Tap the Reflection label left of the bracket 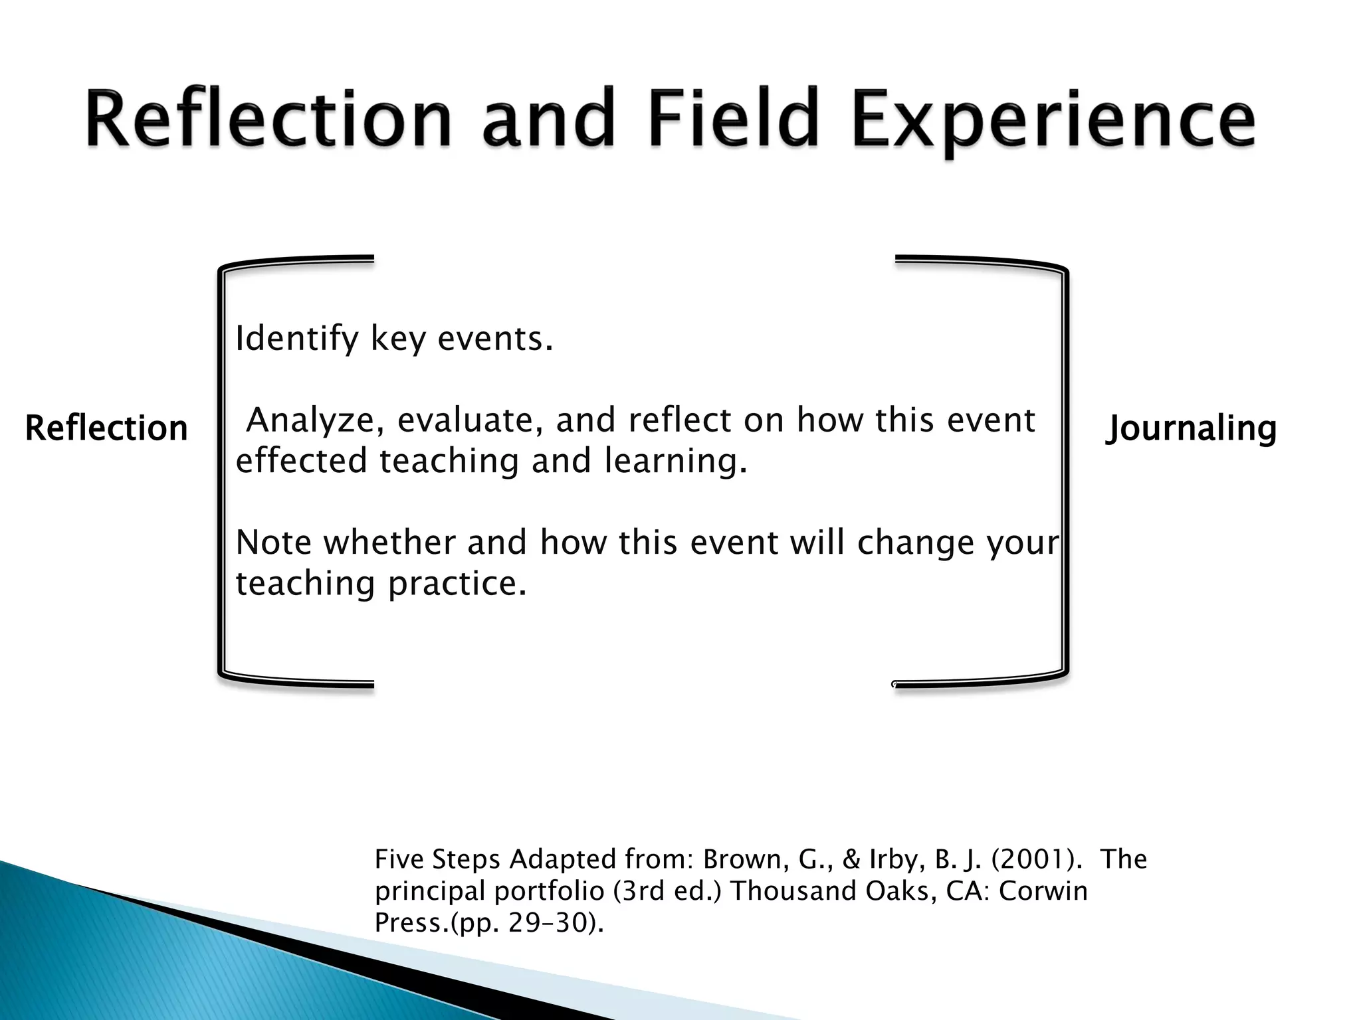[x=106, y=428]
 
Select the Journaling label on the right [x=1191, y=428]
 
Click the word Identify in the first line [x=296, y=340]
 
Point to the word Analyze [x=315, y=421]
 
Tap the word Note [x=273, y=543]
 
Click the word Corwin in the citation [x=1043, y=891]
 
